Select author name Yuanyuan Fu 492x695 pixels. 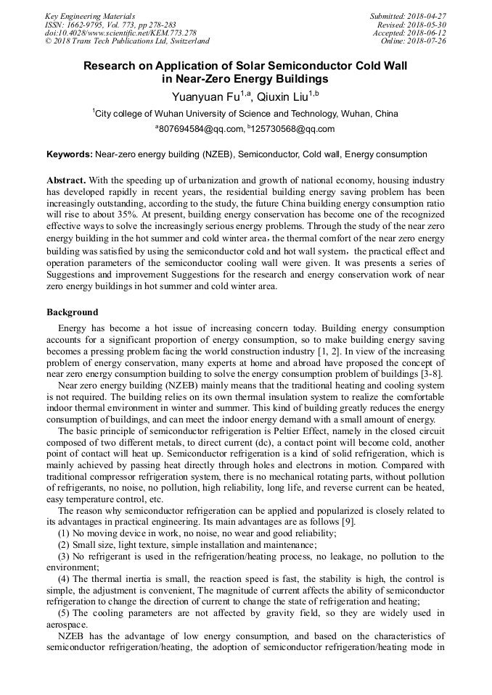[207, 96]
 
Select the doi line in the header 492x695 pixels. [120, 33]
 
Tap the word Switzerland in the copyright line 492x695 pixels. [182, 41]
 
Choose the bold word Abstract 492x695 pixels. [67, 180]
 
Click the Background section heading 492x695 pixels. [73, 312]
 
